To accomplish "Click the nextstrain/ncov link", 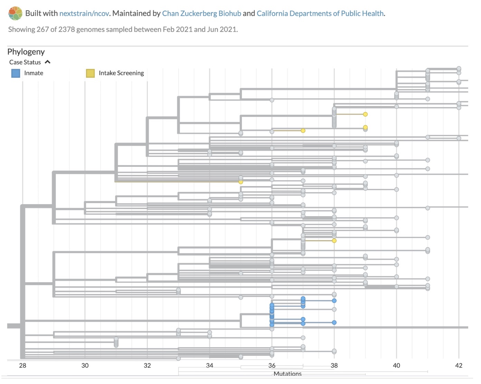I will click(84, 13).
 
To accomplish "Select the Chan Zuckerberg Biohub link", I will click(201, 13).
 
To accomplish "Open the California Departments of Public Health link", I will click(320, 13).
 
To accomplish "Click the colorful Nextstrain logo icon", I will click(16, 13).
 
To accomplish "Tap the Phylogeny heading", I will click(26, 52).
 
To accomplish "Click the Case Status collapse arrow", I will click(48, 62).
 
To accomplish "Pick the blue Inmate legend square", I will click(16, 73).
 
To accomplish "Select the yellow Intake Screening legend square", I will click(90, 73).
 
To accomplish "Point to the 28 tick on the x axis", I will click(22, 366).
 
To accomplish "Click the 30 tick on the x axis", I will click(85, 366).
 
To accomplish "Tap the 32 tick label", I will click(147, 366).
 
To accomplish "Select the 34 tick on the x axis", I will click(210, 366).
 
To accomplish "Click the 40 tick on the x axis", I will click(396, 366).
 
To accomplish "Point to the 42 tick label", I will click(459, 366).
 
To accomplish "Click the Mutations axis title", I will click(287, 374).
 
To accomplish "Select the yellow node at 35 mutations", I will click(241, 182).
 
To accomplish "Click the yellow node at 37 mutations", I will click(303, 131).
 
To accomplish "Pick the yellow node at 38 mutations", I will click(334, 241).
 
